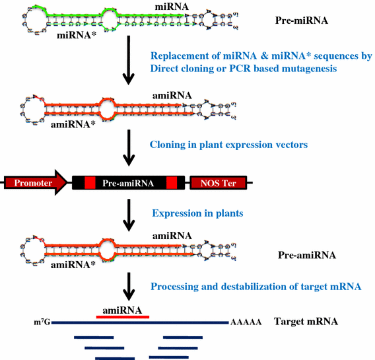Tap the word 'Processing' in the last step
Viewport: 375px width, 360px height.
pyautogui.click(x=176, y=286)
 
